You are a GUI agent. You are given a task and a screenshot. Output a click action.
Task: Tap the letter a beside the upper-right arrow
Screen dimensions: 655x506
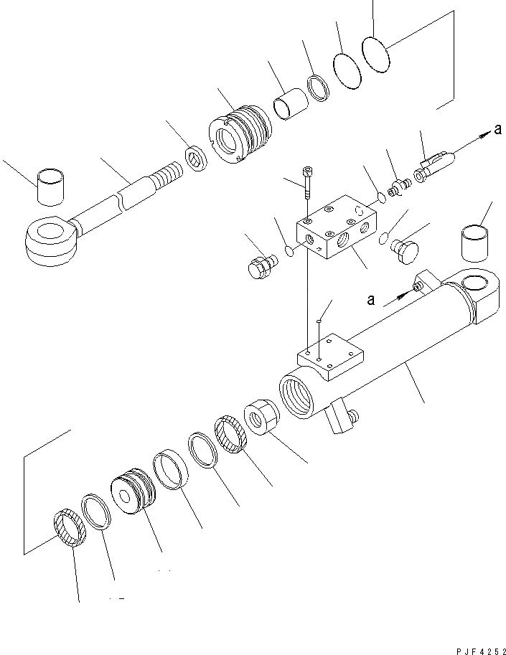(x=497, y=130)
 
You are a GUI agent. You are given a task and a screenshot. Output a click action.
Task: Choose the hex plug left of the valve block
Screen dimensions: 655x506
(x=258, y=266)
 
